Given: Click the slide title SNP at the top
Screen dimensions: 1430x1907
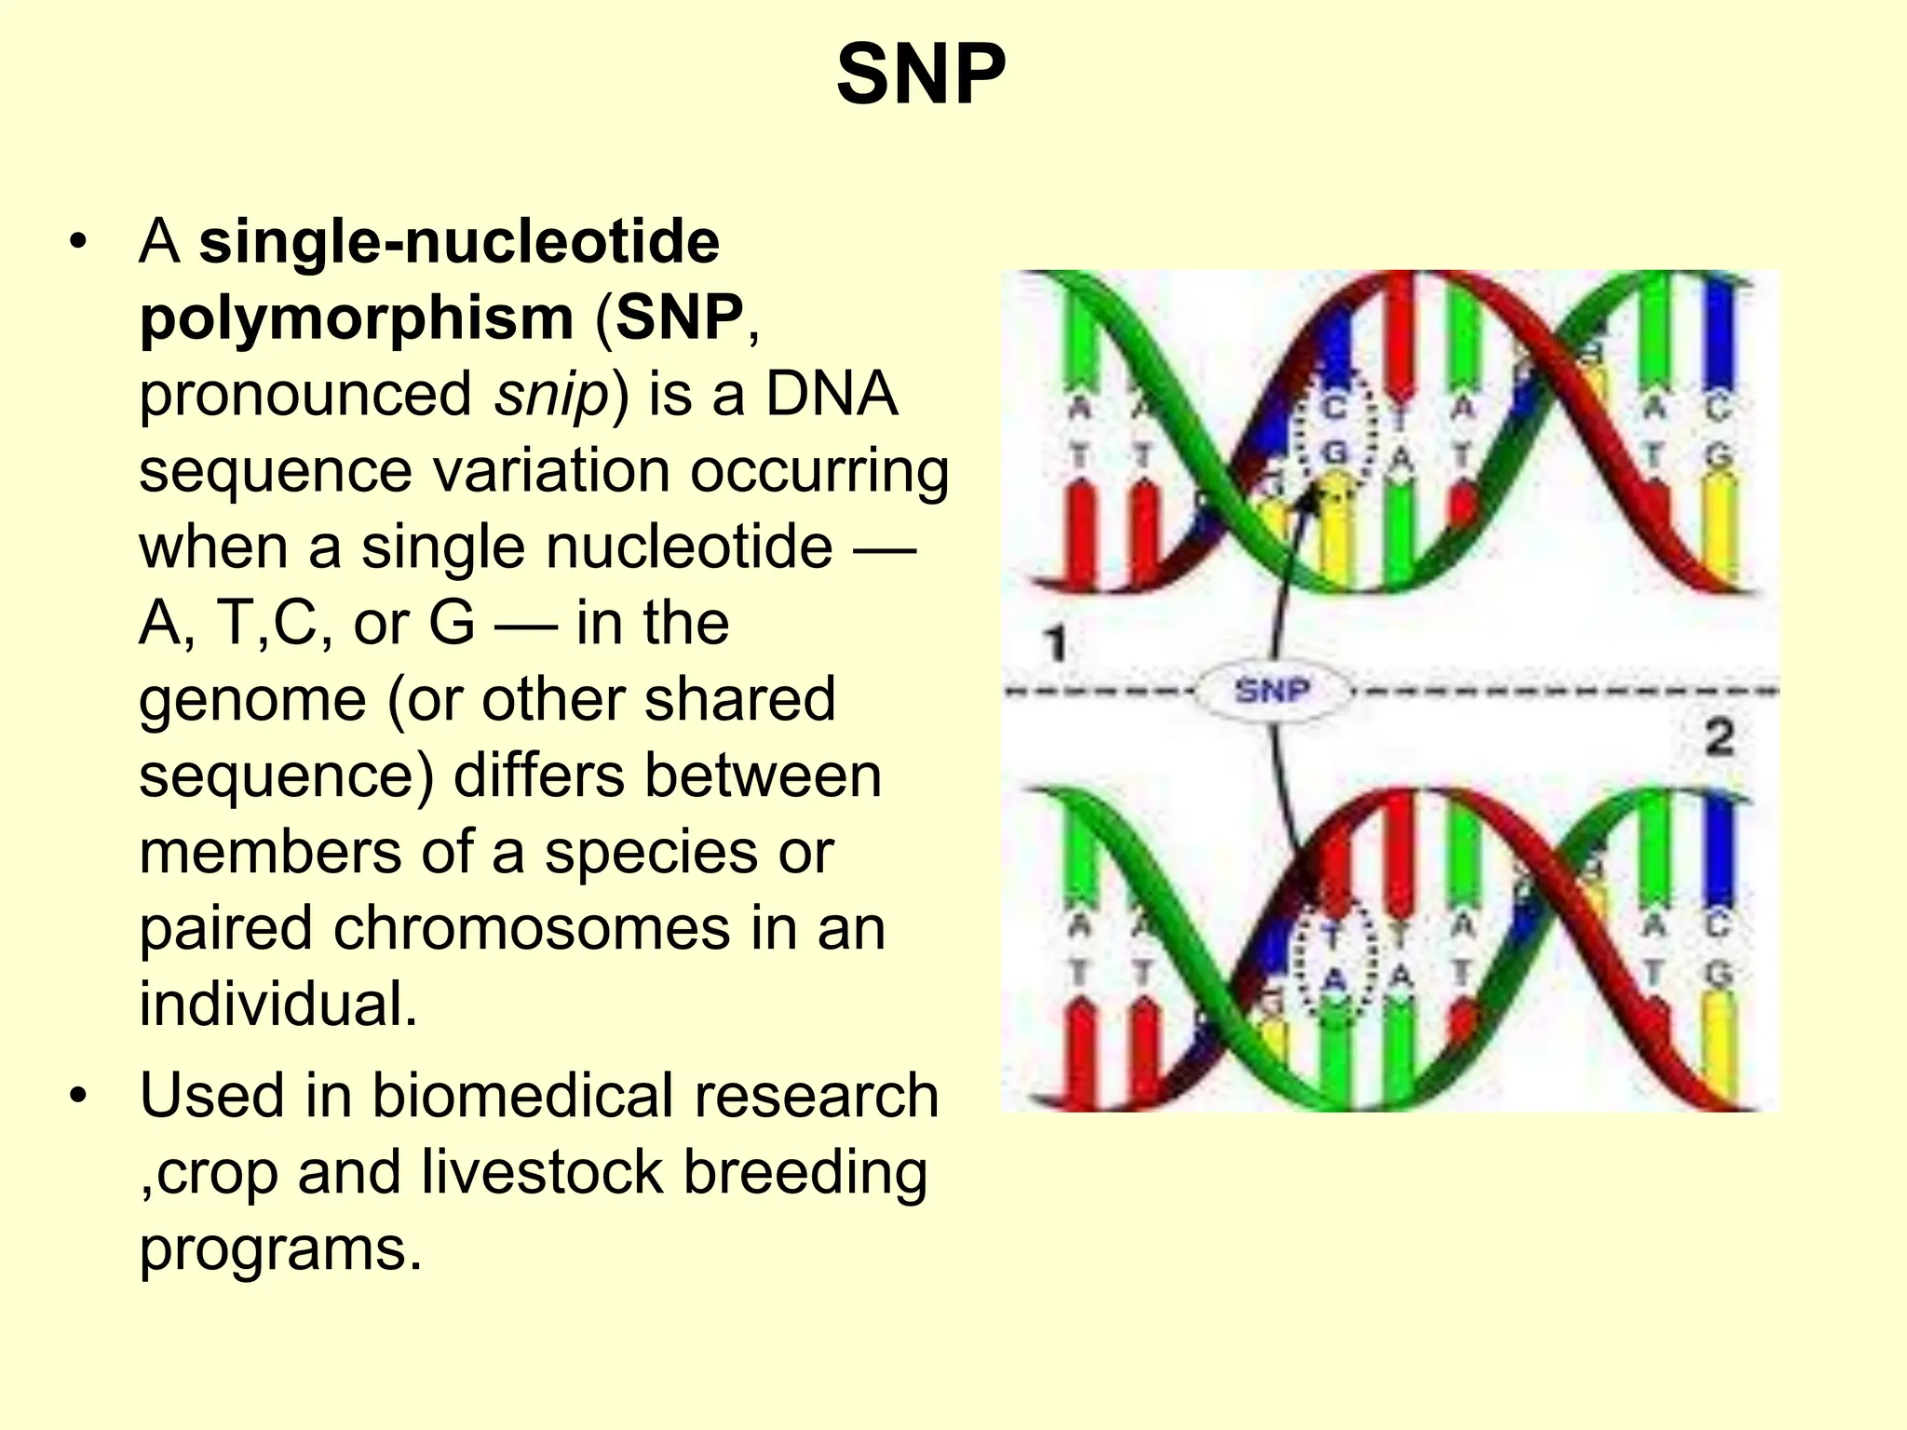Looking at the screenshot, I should [921, 75].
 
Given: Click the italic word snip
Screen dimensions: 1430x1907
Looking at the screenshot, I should [551, 395].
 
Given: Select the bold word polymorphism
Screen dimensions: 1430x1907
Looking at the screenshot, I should [357, 318].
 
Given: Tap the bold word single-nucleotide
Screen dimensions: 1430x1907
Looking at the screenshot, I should [459, 242].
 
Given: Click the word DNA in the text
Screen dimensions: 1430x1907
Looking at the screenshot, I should [831, 395].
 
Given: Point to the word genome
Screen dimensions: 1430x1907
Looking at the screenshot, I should [252, 700].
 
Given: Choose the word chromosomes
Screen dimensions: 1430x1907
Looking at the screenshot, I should [532, 929].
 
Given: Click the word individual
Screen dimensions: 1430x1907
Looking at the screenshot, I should [278, 1005].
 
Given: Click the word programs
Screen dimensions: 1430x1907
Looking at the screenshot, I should [280, 1249].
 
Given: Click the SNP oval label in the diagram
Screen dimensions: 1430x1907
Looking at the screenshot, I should [1272, 691].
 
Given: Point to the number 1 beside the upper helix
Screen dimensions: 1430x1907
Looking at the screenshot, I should [1056, 643].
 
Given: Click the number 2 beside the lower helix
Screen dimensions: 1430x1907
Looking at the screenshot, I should [1719, 737].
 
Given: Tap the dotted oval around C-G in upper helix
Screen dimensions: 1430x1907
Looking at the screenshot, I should [1337, 430].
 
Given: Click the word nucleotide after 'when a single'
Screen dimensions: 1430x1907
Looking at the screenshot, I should [689, 547].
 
